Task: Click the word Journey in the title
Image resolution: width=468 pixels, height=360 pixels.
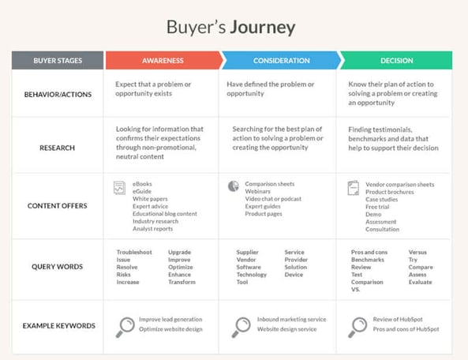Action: pyautogui.click(x=263, y=28)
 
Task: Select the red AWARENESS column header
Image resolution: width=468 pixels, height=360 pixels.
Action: pyautogui.click(x=163, y=60)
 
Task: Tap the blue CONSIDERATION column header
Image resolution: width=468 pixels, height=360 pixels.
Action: pyautogui.click(x=281, y=60)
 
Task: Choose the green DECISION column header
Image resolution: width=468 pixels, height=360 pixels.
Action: pyautogui.click(x=396, y=60)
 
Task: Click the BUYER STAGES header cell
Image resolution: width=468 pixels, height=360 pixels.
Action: pyautogui.click(x=58, y=60)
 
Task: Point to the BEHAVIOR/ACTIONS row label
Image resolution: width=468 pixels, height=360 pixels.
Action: pyautogui.click(x=58, y=94)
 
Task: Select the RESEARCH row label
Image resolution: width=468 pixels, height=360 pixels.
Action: pyautogui.click(x=58, y=148)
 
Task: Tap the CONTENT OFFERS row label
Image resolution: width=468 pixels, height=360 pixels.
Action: pyautogui.click(x=58, y=206)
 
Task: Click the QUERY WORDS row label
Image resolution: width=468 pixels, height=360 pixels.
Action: pyautogui.click(x=58, y=267)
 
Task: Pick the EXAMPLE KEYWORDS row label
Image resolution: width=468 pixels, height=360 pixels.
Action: pyautogui.click(x=59, y=326)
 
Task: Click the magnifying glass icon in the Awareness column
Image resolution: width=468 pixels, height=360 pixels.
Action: pyautogui.click(x=125, y=327)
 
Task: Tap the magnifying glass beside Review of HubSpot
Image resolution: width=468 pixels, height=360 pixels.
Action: pyautogui.click(x=358, y=327)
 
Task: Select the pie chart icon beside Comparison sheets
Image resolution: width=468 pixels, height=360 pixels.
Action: pyautogui.click(x=234, y=186)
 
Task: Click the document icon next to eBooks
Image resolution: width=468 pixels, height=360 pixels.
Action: pyautogui.click(x=119, y=188)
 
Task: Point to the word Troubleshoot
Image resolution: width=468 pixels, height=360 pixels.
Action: pyautogui.click(x=134, y=253)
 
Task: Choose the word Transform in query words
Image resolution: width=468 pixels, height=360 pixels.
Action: pyautogui.click(x=182, y=282)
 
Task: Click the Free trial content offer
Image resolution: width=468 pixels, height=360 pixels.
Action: pyautogui.click(x=377, y=207)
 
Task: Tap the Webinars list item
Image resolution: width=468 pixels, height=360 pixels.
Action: pyautogui.click(x=257, y=191)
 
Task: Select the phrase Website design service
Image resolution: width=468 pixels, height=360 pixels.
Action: pyautogui.click(x=286, y=329)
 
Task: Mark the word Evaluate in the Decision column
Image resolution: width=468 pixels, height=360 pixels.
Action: pyautogui.click(x=420, y=282)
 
